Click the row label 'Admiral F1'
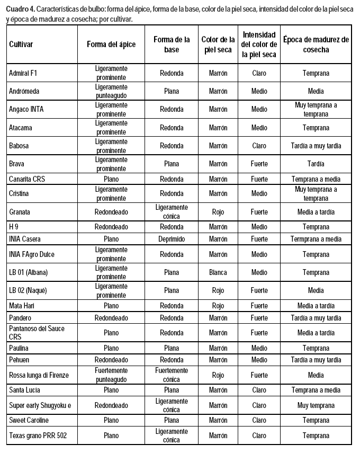tap(23, 73)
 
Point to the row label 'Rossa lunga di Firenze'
tap(39, 375)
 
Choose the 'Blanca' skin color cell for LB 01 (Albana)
tap(218, 272)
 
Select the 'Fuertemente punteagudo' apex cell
tap(111, 375)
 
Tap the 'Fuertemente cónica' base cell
tap(172, 375)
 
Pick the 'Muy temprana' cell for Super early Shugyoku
tap(316, 405)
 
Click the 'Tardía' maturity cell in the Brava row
tap(316, 164)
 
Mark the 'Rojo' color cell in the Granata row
tap(218, 212)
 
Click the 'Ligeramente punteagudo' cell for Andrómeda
tap(111, 91)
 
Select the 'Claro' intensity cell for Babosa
tap(259, 146)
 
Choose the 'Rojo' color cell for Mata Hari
tap(218, 306)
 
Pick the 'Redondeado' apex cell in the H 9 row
tap(111, 227)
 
